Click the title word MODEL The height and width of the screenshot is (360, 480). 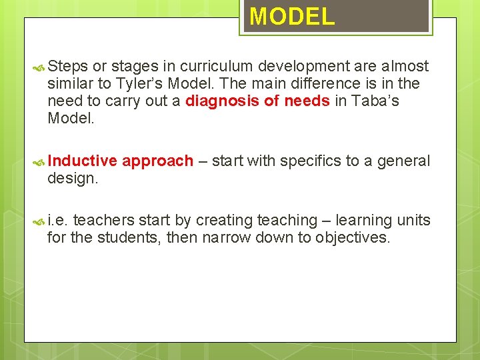point(292,17)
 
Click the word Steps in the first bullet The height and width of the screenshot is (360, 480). point(67,67)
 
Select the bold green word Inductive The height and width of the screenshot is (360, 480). point(82,161)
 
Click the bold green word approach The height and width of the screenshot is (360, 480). point(157,161)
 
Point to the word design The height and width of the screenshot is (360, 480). point(73,179)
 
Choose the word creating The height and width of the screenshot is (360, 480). point(215,221)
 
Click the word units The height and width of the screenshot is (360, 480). point(413,221)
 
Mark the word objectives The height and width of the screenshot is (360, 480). point(353,238)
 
